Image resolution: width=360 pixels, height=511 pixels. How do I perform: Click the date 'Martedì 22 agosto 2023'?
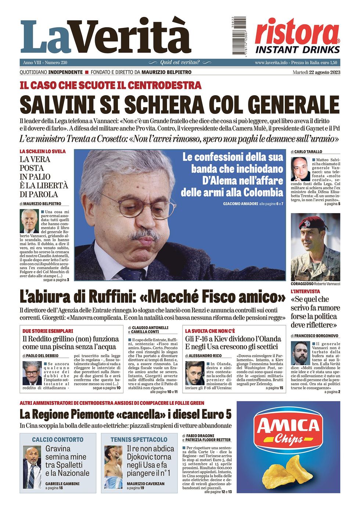click(316, 72)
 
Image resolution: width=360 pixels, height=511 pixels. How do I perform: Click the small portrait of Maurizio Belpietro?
click(29, 221)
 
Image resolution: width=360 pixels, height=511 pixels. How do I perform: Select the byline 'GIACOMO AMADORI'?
click(240, 204)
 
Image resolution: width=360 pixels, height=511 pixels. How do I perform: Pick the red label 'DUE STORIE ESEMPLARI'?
click(48, 331)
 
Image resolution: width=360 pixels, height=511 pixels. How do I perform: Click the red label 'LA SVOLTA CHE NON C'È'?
click(210, 331)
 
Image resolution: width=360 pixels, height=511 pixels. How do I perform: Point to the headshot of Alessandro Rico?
click(194, 373)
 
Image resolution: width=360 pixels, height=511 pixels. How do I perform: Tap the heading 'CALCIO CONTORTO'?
click(58, 439)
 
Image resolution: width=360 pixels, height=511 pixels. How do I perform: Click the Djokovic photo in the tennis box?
click(113, 467)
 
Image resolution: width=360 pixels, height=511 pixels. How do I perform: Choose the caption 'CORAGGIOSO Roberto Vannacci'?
click(315, 284)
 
